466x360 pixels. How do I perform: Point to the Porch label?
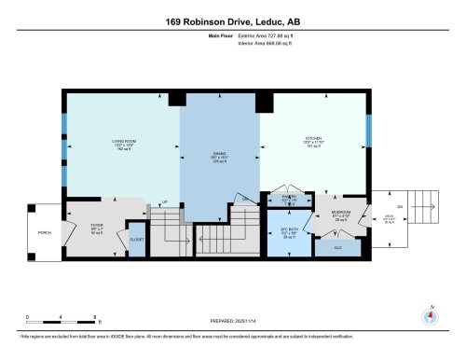[44, 233]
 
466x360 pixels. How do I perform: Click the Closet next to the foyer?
[136, 238]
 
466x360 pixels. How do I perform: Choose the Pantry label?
[290, 198]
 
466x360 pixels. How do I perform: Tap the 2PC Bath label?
[290, 231]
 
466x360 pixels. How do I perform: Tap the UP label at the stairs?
[165, 201]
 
